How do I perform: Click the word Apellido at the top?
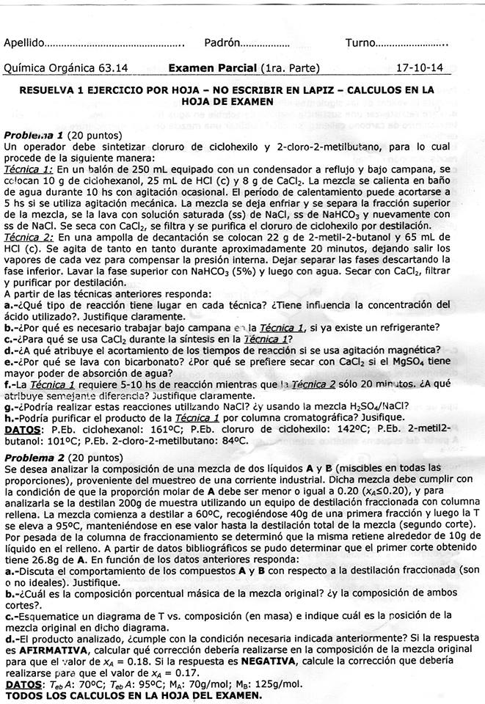coord(25,43)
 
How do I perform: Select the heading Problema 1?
coord(33,136)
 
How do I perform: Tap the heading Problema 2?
coord(33,456)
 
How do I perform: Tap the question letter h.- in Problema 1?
coord(11,418)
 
